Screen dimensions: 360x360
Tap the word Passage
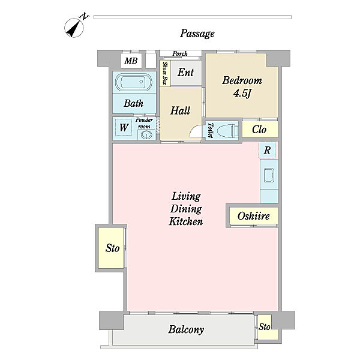point(197,34)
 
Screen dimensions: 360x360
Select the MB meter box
point(131,61)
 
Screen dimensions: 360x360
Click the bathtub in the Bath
point(134,82)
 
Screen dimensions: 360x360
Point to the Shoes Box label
point(165,73)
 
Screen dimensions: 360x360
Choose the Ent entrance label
point(185,73)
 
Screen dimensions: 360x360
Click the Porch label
point(180,53)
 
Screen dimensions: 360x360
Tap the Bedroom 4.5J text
point(242,86)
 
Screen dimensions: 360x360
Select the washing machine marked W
point(124,127)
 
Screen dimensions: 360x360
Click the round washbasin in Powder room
point(145,135)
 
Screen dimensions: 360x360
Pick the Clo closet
point(260,129)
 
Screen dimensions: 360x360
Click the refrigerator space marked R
point(267,150)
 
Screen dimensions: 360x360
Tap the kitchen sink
point(269,175)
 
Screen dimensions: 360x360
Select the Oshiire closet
point(254,215)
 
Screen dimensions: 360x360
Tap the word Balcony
point(186,329)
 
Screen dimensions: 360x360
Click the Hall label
point(180,110)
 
